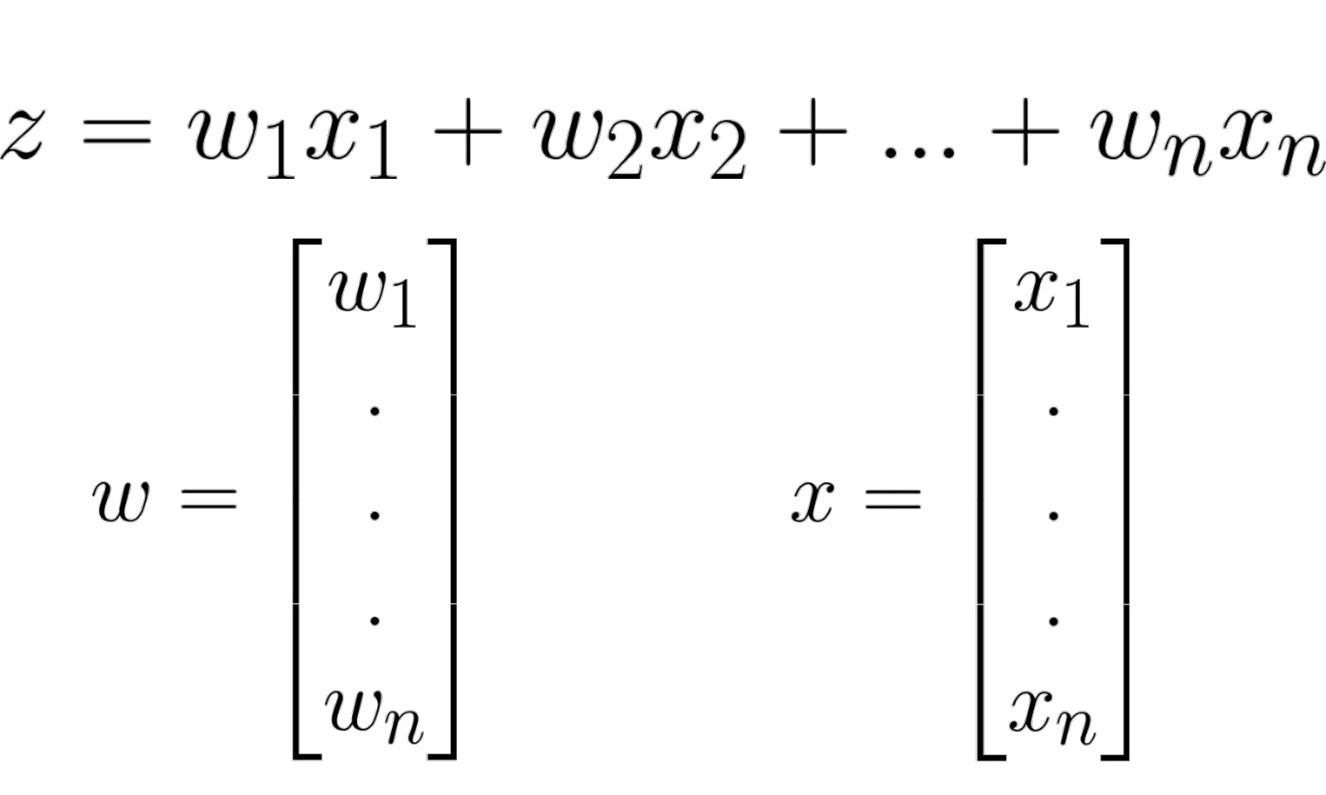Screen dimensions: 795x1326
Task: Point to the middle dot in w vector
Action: (x=375, y=516)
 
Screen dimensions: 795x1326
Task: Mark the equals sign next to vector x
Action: (x=890, y=498)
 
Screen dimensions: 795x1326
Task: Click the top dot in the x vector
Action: (x=1053, y=411)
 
